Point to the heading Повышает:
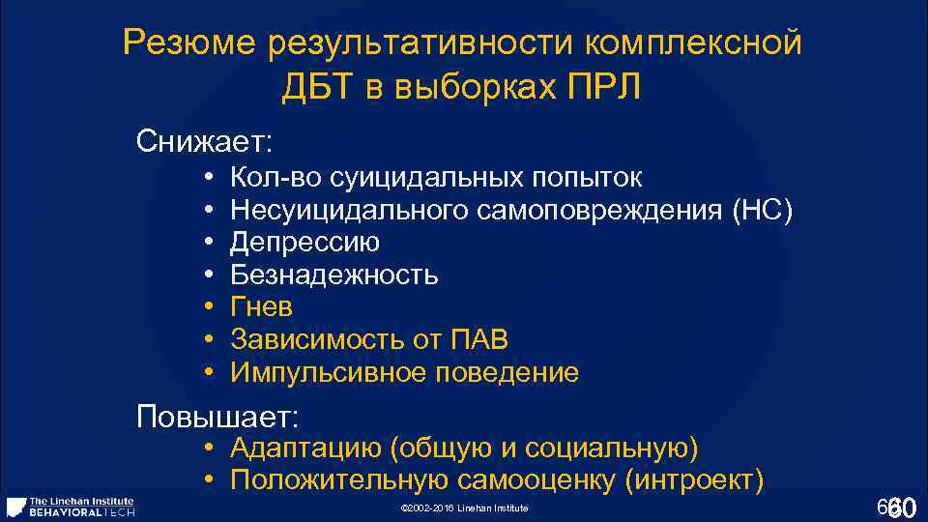(x=218, y=418)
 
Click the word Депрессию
(x=304, y=242)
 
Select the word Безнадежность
(x=333, y=275)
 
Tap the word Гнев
(x=261, y=307)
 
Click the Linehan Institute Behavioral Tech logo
(x=70, y=507)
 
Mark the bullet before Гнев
(x=208, y=307)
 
